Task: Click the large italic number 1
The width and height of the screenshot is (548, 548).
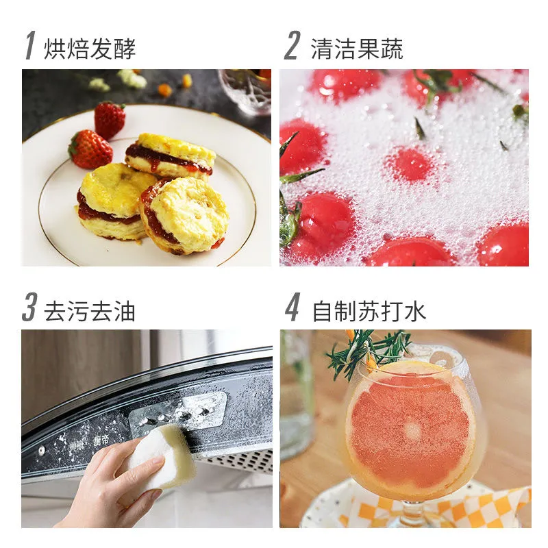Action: (29, 47)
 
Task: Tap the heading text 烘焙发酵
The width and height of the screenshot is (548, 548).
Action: (90, 49)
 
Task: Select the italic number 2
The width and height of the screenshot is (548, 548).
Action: (292, 47)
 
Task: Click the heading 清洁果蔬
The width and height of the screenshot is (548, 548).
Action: (357, 49)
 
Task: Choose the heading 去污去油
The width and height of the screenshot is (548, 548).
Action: (90, 311)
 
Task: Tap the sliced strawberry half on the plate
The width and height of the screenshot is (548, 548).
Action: (90, 149)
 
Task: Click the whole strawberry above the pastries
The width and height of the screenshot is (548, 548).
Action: (110, 119)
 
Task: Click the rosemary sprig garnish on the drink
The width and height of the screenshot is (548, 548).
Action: (370, 350)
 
